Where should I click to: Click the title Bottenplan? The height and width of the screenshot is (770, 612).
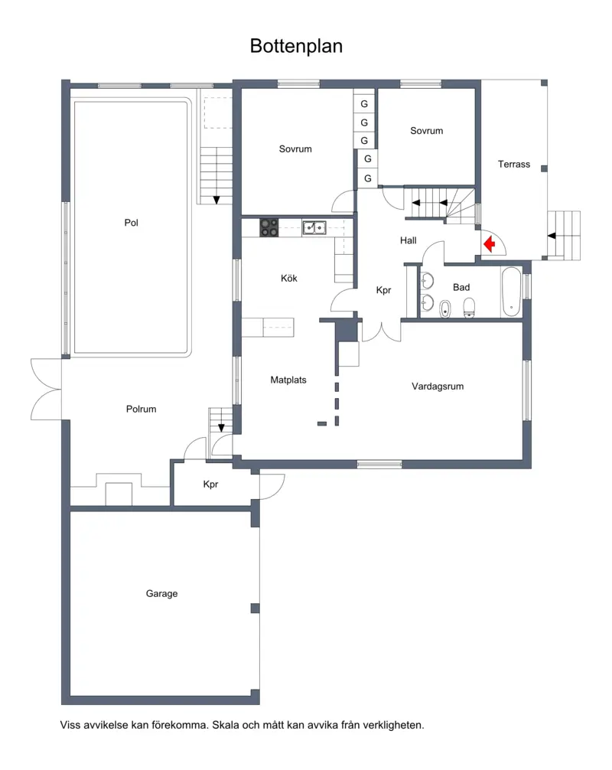click(296, 46)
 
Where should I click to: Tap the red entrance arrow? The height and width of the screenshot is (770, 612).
click(490, 243)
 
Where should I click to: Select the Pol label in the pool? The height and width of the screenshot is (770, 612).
click(131, 223)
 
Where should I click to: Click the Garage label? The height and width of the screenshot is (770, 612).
click(161, 594)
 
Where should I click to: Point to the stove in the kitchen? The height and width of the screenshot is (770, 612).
click(269, 227)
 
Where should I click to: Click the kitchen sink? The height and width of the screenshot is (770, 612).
click(314, 228)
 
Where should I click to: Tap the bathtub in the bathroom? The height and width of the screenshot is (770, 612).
click(511, 292)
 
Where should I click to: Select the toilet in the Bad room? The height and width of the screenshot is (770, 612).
click(469, 308)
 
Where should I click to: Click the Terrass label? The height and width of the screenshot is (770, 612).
click(514, 165)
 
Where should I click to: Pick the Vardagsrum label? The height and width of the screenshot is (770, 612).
click(438, 387)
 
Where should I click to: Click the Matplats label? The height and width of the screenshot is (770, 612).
click(288, 380)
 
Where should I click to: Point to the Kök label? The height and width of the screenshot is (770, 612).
click(289, 279)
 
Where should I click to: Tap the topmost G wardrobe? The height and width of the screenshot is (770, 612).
click(364, 103)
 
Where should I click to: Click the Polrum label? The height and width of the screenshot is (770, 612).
click(141, 409)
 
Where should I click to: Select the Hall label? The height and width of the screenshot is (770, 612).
click(408, 240)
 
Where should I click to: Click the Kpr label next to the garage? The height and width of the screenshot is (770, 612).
click(210, 485)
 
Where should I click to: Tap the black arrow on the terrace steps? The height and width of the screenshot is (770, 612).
click(552, 236)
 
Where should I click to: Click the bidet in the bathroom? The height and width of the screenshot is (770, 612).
click(444, 309)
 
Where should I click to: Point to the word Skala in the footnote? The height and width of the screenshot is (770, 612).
click(224, 725)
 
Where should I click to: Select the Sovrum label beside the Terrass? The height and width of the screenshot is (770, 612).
click(426, 131)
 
